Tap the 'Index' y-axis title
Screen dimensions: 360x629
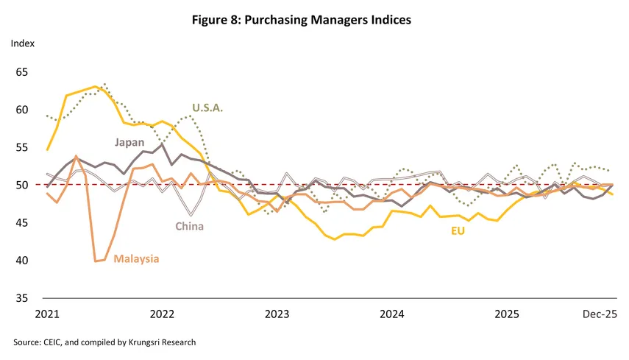point(22,43)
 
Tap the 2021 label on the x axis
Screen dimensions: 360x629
point(46,314)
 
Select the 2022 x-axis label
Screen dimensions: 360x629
point(162,314)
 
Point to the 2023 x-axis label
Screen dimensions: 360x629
point(277,314)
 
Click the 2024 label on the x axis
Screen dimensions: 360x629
point(392,314)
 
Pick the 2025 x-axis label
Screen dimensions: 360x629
point(507,314)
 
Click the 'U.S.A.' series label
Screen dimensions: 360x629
point(207,107)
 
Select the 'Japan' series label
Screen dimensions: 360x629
point(128,142)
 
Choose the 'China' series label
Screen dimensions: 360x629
point(189,227)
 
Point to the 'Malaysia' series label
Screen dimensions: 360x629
point(137,259)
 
